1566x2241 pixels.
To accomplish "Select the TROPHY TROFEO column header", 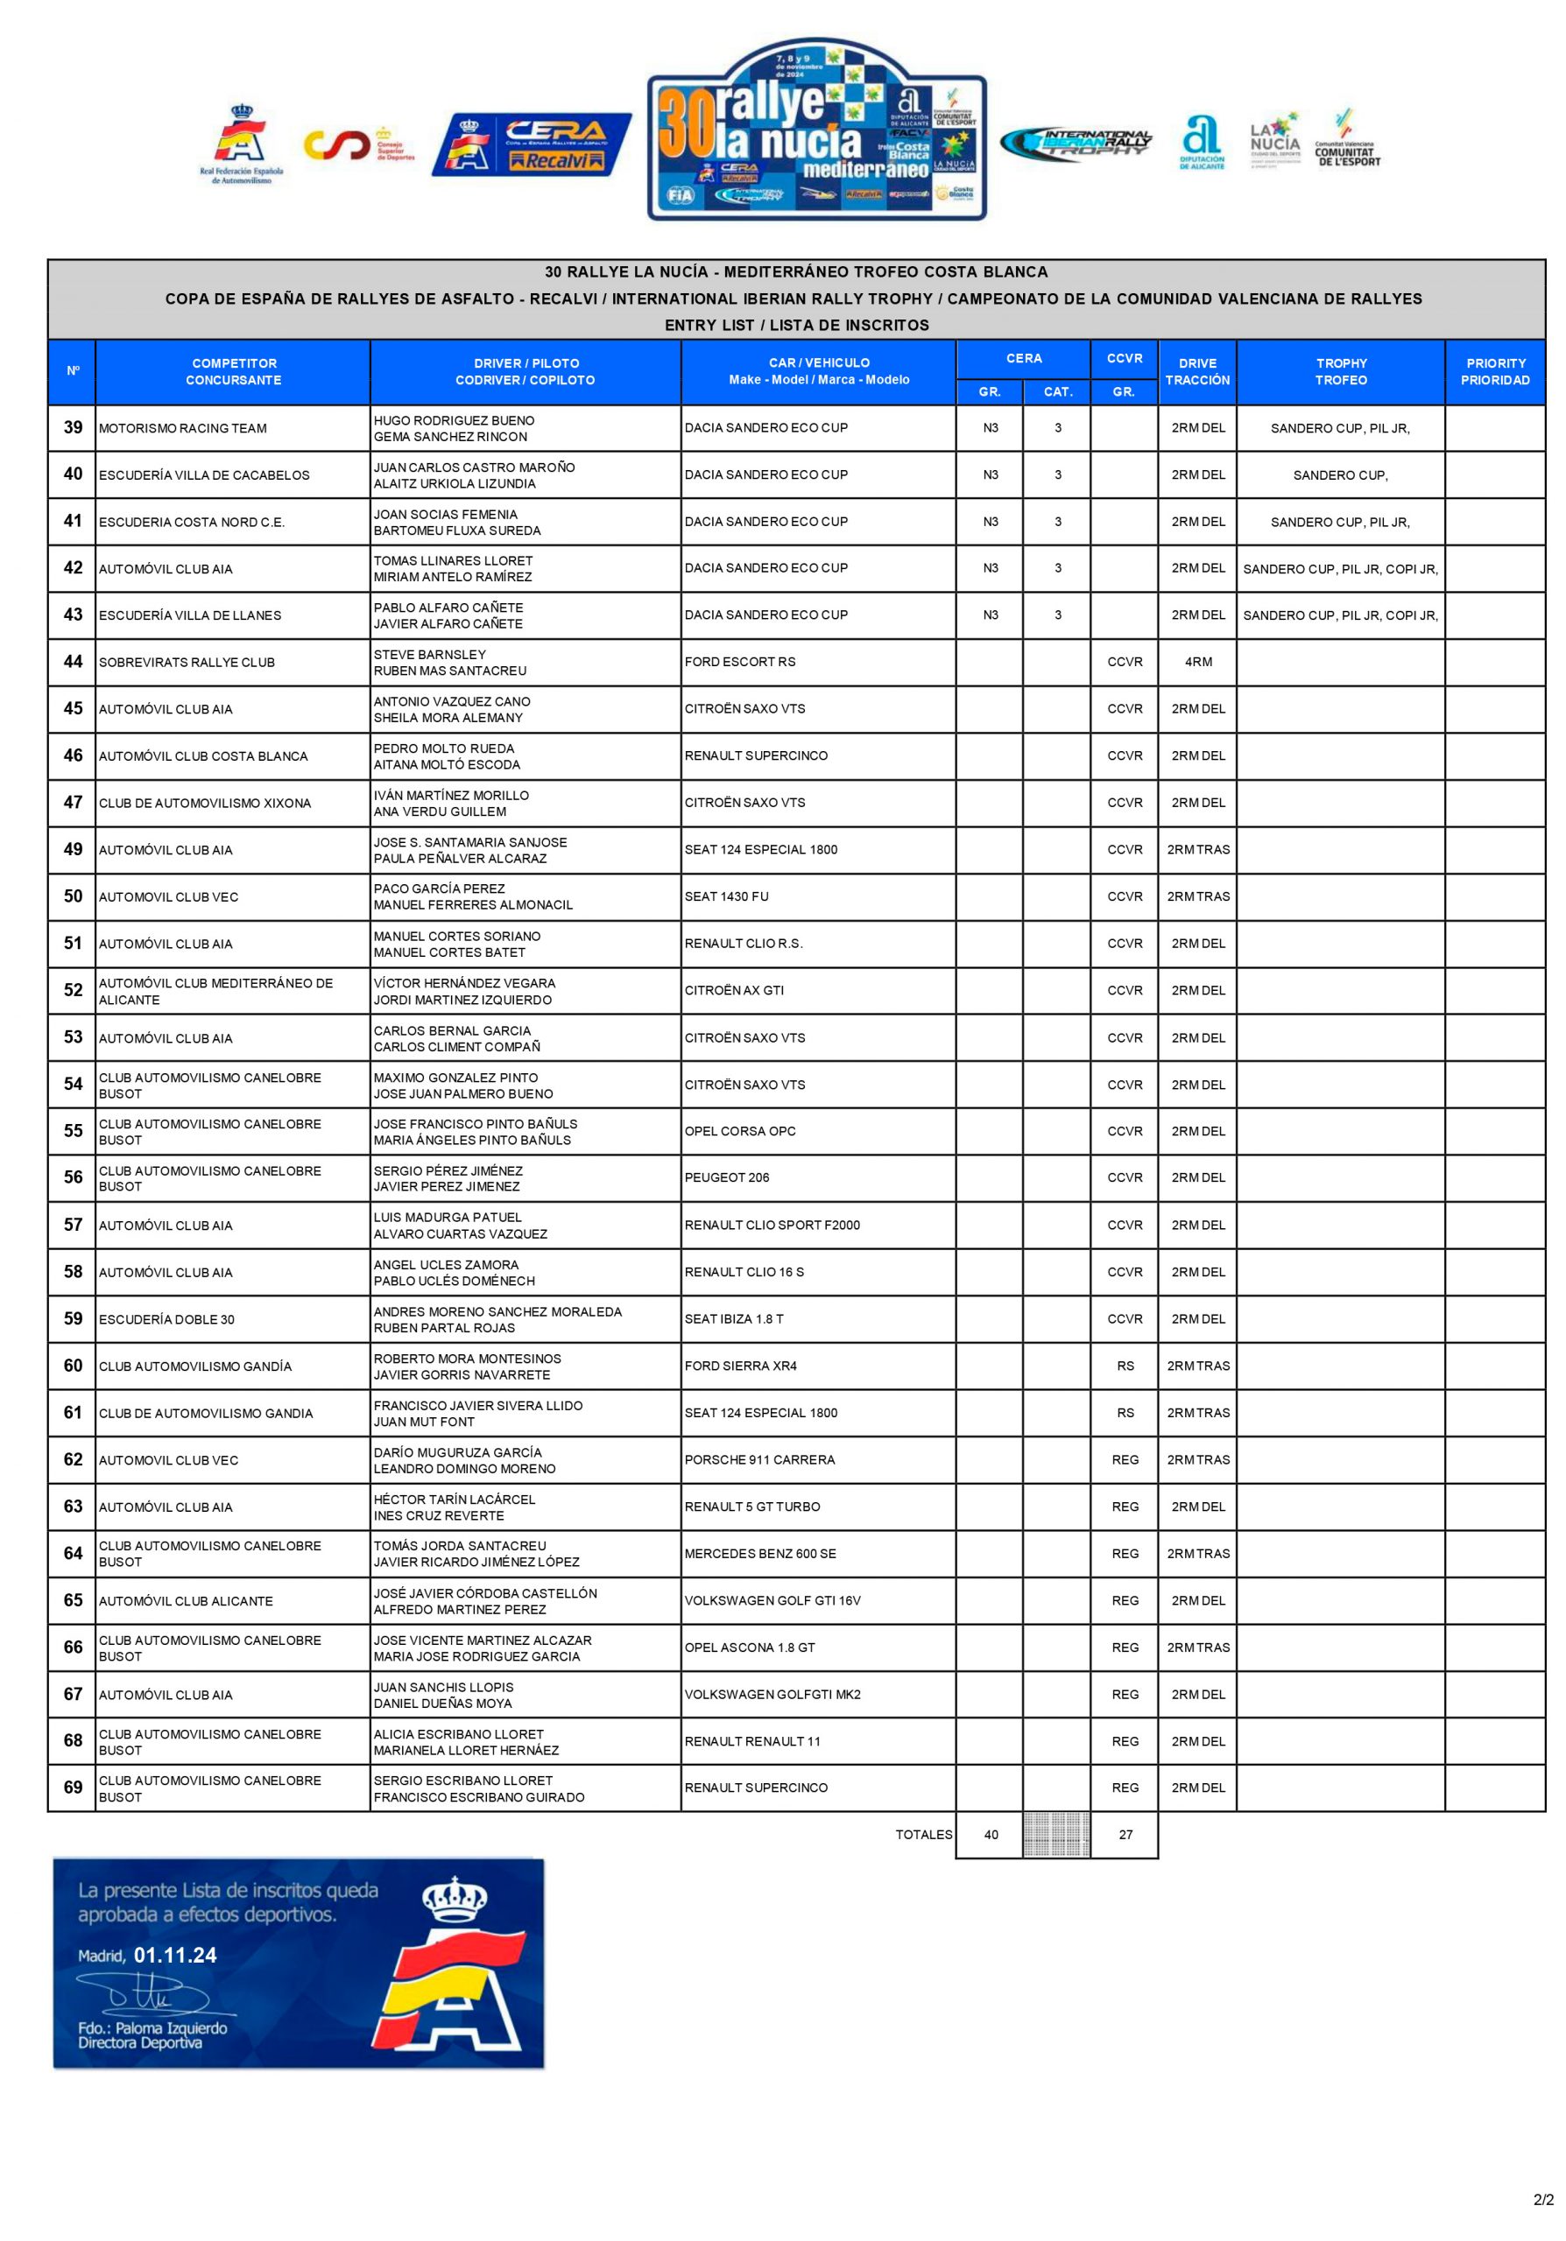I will coord(1339,371).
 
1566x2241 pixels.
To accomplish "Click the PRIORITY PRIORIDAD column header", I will coord(1494,371).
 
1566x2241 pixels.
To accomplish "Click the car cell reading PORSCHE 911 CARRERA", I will coord(758,1459).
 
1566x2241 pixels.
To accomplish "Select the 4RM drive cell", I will coord(1197,662).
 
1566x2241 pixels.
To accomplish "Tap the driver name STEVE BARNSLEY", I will coord(429,654).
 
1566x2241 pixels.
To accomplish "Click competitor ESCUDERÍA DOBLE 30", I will coord(166,1318).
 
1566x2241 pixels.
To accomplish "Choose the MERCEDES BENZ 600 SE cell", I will coord(759,1553).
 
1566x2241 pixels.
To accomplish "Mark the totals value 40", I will coord(990,1834).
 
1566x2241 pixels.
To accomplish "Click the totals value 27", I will coord(1125,1834).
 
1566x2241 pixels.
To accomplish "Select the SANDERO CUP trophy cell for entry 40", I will coord(1339,475).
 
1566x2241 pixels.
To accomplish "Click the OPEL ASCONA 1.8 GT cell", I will coord(749,1647).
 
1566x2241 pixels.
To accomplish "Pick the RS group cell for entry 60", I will coord(1125,1366).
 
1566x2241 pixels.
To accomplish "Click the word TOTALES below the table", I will coord(922,1834).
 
